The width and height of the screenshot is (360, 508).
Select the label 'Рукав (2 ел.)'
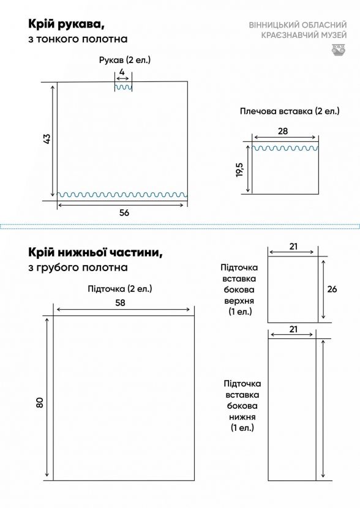(x=125, y=60)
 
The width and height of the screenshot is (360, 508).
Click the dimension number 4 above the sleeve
(x=122, y=72)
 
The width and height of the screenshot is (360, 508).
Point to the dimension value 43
(x=47, y=139)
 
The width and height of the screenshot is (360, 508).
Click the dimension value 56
(x=124, y=213)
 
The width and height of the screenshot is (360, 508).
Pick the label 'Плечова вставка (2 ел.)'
(x=290, y=111)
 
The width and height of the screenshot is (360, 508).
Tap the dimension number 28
(x=283, y=131)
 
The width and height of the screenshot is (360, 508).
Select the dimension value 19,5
(x=240, y=170)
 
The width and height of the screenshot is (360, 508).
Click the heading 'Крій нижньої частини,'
(x=96, y=252)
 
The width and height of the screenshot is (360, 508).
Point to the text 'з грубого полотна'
(x=78, y=267)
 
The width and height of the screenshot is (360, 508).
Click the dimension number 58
(x=120, y=302)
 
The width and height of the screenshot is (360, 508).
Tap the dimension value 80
(x=40, y=403)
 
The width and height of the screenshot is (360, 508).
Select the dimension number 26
(x=332, y=289)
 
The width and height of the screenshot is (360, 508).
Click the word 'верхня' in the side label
(x=239, y=301)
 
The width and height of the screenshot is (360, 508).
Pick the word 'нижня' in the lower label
(x=242, y=417)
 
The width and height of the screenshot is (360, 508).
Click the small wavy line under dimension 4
(x=123, y=87)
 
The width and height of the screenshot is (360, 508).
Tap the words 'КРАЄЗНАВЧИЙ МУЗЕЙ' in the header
(x=304, y=35)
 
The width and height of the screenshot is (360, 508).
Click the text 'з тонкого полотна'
(x=78, y=39)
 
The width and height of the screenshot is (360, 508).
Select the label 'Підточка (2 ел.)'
(x=120, y=289)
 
